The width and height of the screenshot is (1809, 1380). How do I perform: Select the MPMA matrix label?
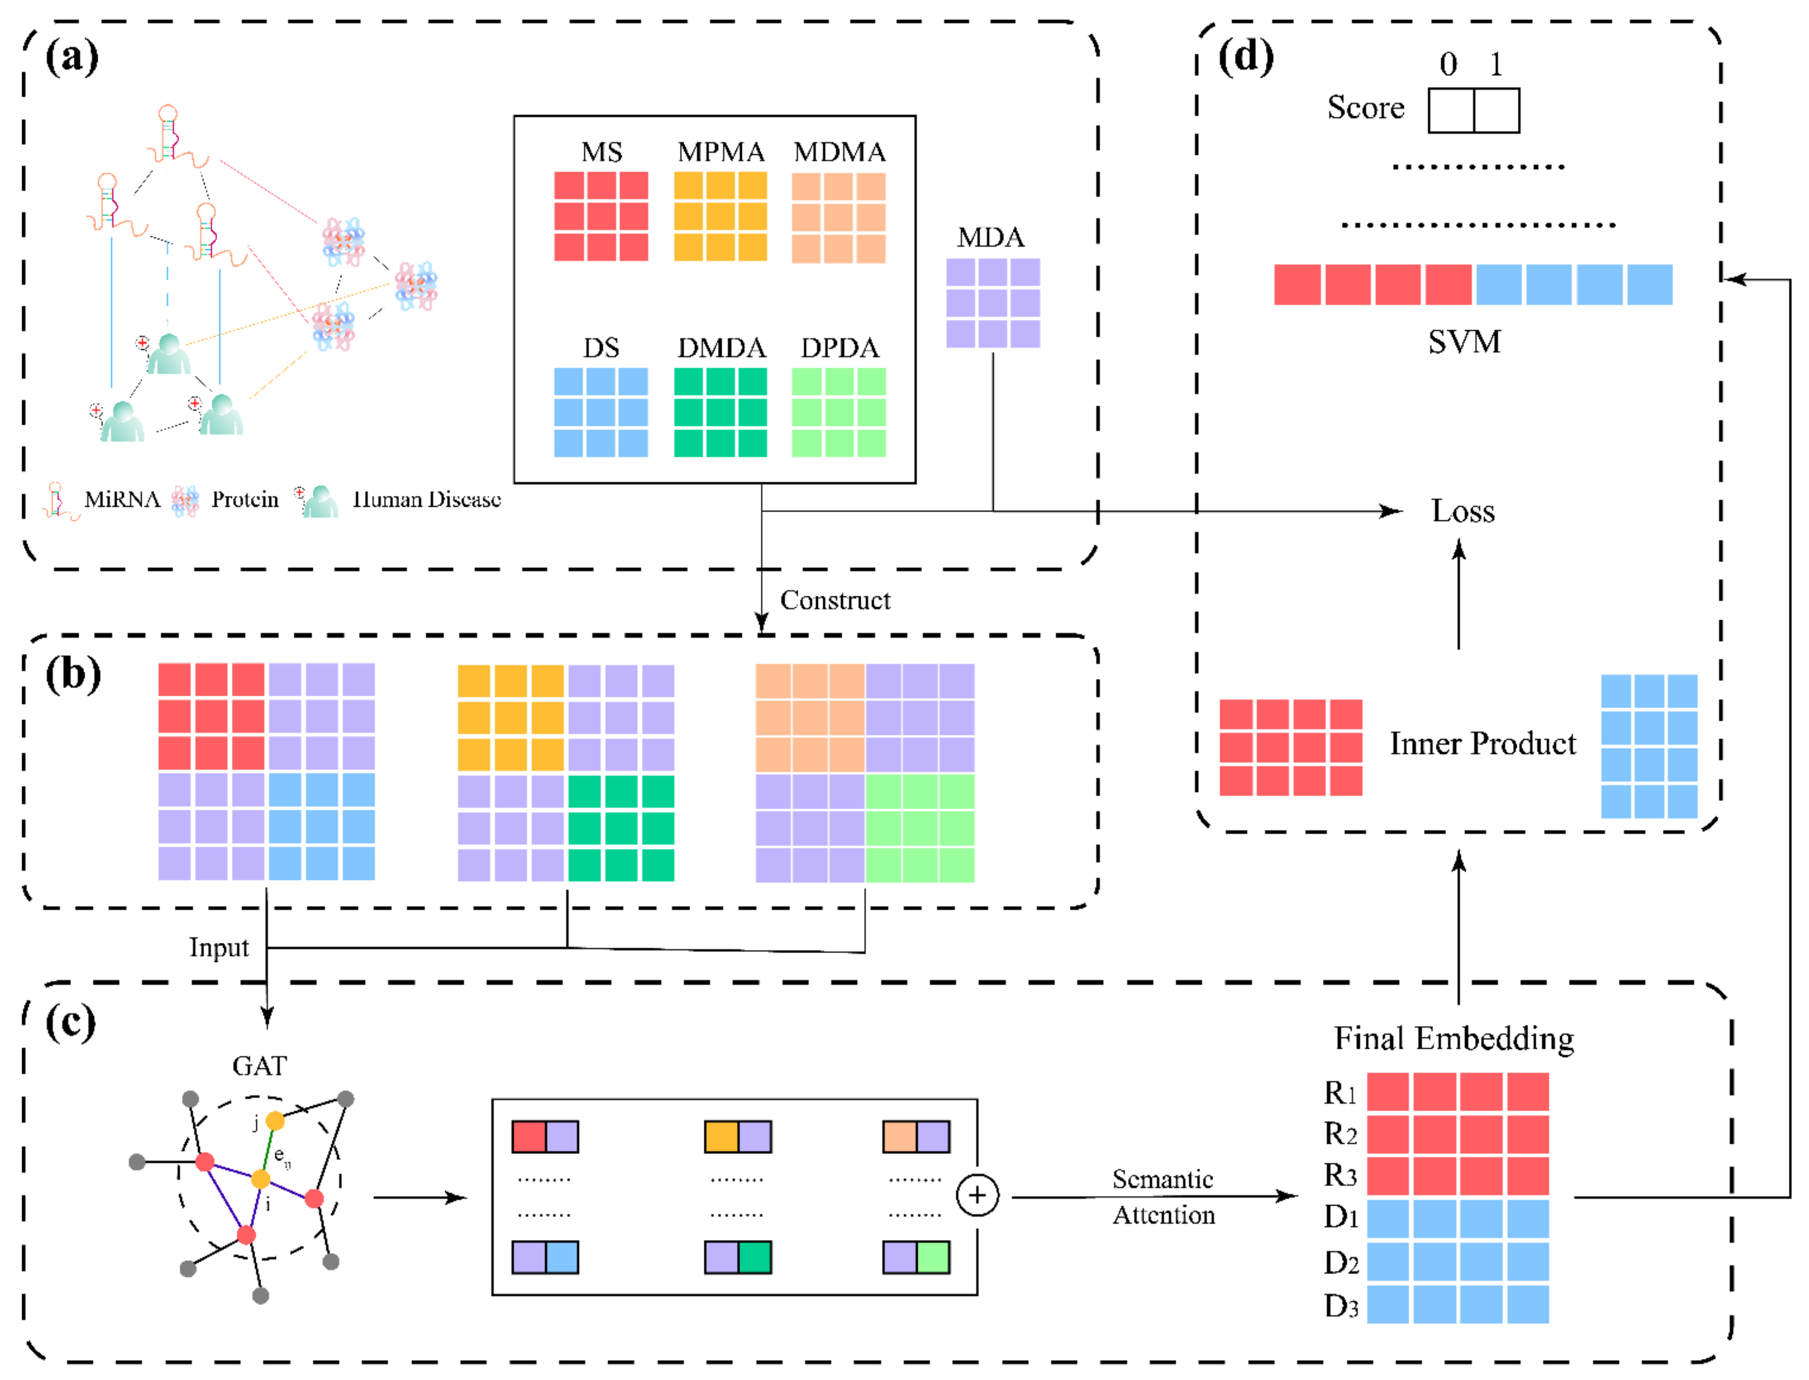pos(721,152)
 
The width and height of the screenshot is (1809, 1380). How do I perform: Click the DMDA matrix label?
pos(721,348)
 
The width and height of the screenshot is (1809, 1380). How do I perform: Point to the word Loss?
pos(1462,512)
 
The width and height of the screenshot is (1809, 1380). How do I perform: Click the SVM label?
pos(1464,342)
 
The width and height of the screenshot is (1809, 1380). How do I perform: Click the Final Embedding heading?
pos(1453,1039)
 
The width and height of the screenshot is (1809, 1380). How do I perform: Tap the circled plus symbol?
pos(977,1195)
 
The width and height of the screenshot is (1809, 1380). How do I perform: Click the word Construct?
pos(835,601)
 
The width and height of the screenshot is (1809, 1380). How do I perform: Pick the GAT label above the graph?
pos(259,1066)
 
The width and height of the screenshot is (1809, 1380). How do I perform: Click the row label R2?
pos(1340,1134)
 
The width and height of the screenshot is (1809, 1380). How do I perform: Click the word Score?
pos(1365,108)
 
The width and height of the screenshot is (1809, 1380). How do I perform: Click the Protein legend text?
pos(245,499)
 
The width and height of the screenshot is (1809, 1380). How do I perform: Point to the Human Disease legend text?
pos(426,499)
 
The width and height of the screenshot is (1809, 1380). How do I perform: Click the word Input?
pos(219,948)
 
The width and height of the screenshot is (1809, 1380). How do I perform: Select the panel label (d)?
pos(1245,58)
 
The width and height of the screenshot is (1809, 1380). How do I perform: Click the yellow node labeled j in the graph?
pos(275,1121)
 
